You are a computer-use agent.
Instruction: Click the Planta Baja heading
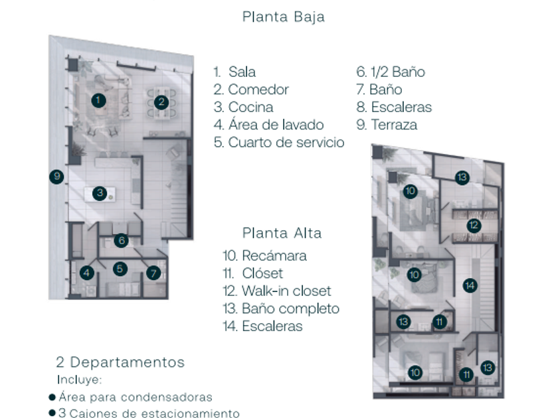284,17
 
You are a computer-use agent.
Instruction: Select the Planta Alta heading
282,233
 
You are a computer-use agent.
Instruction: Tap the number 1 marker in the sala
98,100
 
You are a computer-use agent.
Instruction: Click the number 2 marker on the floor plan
160,102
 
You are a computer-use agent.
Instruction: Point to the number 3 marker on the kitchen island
100,193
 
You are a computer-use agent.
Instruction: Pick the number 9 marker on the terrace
58,176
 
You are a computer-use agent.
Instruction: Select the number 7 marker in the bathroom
153,273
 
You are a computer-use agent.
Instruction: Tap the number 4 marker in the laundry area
87,272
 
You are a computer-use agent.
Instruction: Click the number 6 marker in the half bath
120,241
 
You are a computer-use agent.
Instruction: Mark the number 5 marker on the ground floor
120,269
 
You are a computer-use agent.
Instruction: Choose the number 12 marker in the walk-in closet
473,225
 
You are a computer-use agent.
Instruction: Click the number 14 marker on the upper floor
470,285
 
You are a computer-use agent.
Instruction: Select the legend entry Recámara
265,255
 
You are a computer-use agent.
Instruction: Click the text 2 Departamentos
120,362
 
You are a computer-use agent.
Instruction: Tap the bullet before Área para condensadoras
52,397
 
